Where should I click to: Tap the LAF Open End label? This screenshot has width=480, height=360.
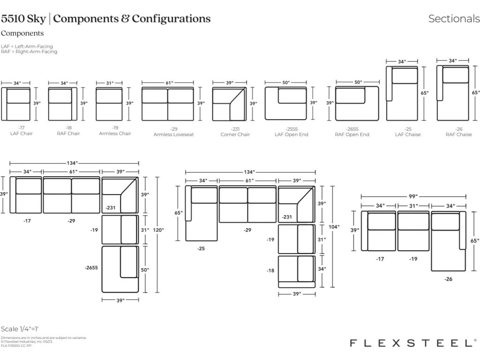click(x=291, y=135)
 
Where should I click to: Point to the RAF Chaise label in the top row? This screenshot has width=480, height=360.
click(x=458, y=135)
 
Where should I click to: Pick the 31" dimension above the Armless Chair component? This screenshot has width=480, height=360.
click(x=110, y=83)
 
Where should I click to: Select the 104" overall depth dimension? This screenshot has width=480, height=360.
click(x=334, y=227)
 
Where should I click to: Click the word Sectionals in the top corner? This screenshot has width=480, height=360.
click(x=454, y=19)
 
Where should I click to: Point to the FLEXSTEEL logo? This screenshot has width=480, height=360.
click(x=413, y=343)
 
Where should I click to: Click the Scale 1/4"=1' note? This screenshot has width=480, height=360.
click(x=22, y=329)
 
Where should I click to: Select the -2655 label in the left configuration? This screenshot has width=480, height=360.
click(x=91, y=268)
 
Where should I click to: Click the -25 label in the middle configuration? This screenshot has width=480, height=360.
click(x=201, y=249)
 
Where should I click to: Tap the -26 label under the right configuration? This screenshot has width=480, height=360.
click(x=449, y=279)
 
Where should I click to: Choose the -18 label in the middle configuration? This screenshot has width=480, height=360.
click(x=270, y=270)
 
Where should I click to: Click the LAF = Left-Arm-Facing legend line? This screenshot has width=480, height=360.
click(x=27, y=46)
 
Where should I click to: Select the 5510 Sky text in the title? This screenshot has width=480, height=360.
click(x=23, y=19)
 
